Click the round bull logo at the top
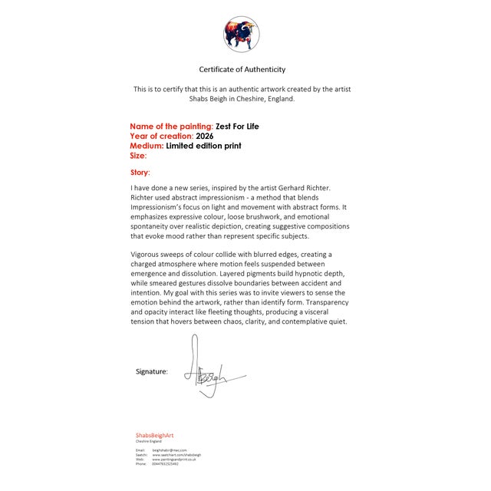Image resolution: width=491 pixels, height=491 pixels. coord(242,34)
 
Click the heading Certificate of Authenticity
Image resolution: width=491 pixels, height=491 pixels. coord(242,70)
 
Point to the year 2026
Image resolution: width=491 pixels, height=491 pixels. coord(205,136)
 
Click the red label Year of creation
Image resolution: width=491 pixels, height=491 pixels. coord(161,136)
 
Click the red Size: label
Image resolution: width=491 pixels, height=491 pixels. coord(138,155)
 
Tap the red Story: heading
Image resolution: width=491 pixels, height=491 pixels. coord(140,173)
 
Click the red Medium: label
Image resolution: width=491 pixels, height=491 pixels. coord(147,145)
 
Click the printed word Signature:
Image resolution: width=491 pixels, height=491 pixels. coord(152,371)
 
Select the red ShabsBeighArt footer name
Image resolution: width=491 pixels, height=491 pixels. coord(155,436)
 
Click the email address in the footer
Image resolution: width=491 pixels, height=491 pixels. coord(170,450)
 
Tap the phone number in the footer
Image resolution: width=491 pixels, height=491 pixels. coord(165,464)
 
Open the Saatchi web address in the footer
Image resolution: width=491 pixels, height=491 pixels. coord(177,455)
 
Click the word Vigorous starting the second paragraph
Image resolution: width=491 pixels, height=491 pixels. coord(149,254)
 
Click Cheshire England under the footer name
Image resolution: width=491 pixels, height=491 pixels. coord(149,442)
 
